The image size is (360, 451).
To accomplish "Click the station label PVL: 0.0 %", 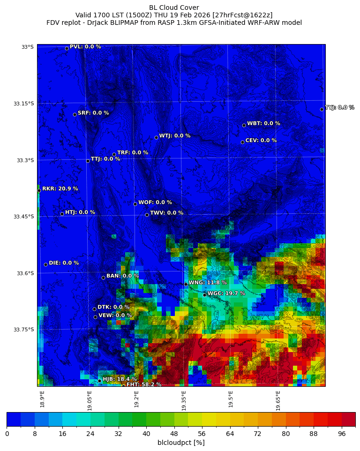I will pos(85,47).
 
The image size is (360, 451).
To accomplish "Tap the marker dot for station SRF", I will pos(75,114).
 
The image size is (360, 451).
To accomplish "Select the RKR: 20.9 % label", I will pos(60,189).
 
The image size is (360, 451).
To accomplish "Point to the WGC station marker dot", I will pos(204,295).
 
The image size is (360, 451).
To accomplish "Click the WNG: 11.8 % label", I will pos(207,283).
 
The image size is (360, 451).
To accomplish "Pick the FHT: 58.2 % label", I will pos(143,384).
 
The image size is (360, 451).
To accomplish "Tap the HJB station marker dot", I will pos(99,381).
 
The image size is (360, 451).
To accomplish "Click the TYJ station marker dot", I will pos(322,109).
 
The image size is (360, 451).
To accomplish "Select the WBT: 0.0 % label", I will pos(263,124).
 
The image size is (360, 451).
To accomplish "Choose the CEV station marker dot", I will pos(242,142).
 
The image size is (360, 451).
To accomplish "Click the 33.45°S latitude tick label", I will pos(24,217).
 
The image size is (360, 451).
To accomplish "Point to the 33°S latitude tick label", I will pos(27,47).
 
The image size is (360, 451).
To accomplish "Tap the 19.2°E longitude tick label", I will pos(136,399).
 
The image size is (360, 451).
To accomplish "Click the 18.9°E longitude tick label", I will pos(42,399).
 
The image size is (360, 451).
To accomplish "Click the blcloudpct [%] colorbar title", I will pos(181,443).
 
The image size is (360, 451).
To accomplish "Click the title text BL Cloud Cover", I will pos(174,8).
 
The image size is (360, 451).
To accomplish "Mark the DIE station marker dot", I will pos(45,264).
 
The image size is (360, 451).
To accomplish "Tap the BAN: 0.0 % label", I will pos(122,276).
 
